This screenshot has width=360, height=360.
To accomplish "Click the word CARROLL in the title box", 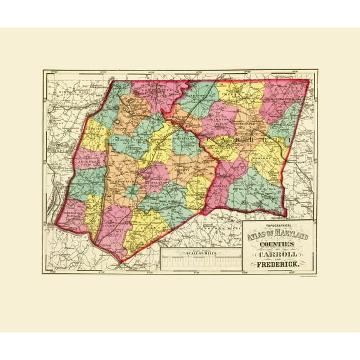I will [278, 255].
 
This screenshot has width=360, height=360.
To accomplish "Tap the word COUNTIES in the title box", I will [278, 244].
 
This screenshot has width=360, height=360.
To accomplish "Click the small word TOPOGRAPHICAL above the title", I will [278, 226].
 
